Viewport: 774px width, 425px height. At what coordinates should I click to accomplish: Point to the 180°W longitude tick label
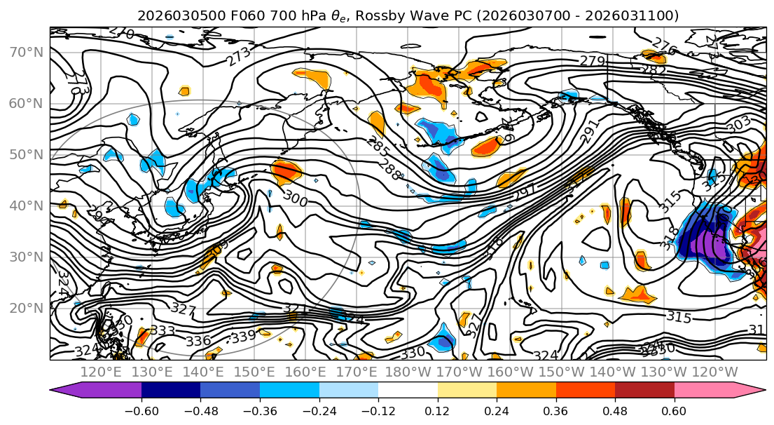[408, 372]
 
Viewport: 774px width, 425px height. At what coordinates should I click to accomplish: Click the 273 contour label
[238, 58]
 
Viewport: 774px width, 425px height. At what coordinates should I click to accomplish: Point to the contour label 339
[242, 337]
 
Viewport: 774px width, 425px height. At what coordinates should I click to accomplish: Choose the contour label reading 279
[592, 62]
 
